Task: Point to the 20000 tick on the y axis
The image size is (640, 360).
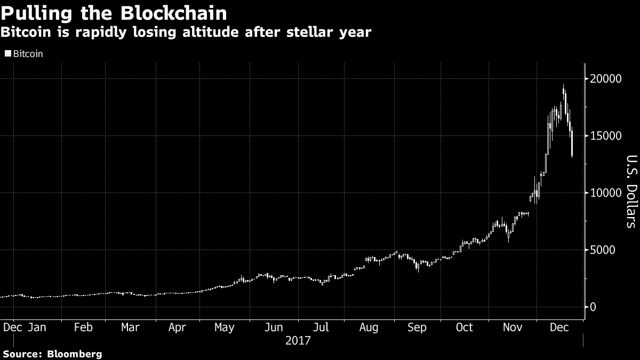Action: point(605,79)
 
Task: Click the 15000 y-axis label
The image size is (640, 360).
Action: point(605,136)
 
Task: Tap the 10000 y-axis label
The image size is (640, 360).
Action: point(605,193)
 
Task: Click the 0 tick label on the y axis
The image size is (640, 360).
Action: point(593,307)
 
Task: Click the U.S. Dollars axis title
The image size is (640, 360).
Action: point(630,191)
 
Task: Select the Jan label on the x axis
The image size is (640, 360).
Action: point(37,327)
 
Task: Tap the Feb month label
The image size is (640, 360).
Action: point(83,327)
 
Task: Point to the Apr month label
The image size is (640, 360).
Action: point(177,327)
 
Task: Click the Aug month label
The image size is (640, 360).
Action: point(369,327)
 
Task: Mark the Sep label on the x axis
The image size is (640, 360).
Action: point(417,327)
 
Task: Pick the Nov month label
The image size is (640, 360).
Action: point(512,327)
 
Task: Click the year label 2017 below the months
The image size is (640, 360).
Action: point(298,340)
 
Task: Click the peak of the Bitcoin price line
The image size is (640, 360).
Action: point(563,85)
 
